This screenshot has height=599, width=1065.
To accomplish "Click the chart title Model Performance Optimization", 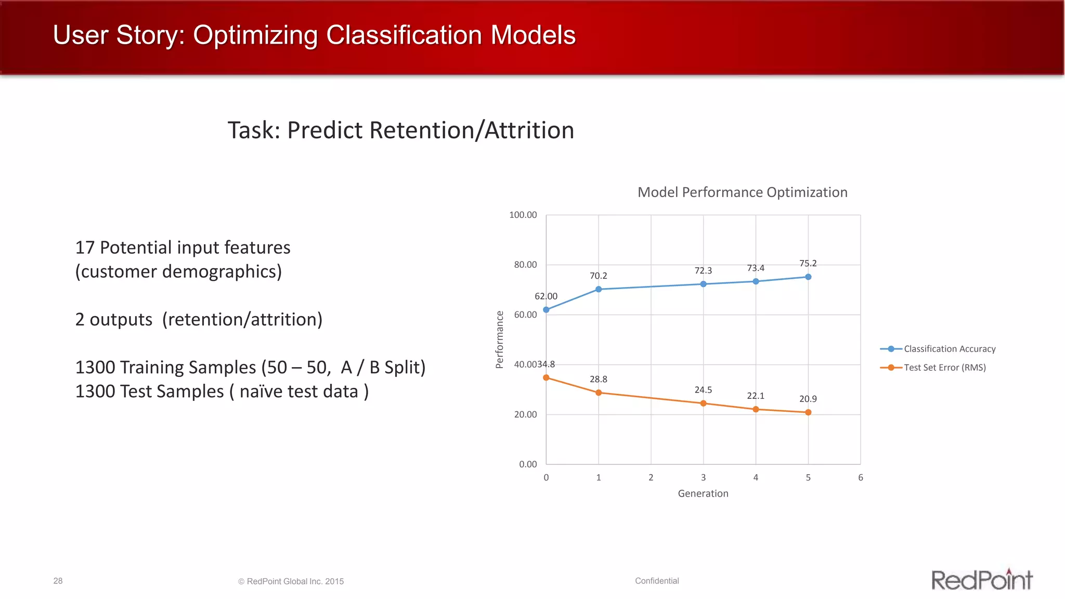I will tap(742, 192).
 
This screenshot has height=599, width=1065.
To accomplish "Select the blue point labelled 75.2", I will tap(808, 277).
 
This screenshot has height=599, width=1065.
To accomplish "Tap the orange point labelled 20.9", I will tap(808, 412).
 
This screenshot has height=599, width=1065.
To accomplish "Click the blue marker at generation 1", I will tap(599, 289).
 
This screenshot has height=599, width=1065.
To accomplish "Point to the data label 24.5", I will tap(703, 390).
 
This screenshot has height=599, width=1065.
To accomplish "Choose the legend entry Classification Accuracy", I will tap(949, 349).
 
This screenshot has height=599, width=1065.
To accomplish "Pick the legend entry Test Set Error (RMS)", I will tap(944, 368).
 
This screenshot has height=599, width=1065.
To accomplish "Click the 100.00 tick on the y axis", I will tap(523, 215).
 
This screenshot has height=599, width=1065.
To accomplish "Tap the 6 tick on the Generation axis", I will tap(861, 477).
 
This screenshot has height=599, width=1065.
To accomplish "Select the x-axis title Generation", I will tap(703, 493).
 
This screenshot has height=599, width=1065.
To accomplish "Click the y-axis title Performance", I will tap(500, 340).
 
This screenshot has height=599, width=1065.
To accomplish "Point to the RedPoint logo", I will tap(981, 580).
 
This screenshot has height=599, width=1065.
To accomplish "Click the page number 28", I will tap(58, 581).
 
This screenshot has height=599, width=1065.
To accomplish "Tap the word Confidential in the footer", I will tap(657, 581).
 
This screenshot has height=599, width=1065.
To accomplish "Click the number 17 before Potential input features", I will tap(85, 248).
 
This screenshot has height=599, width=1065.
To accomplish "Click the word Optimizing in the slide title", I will tap(255, 35).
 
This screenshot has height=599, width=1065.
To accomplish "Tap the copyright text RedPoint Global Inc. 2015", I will tap(295, 581).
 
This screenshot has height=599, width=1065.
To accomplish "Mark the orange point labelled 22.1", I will tap(756, 409).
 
